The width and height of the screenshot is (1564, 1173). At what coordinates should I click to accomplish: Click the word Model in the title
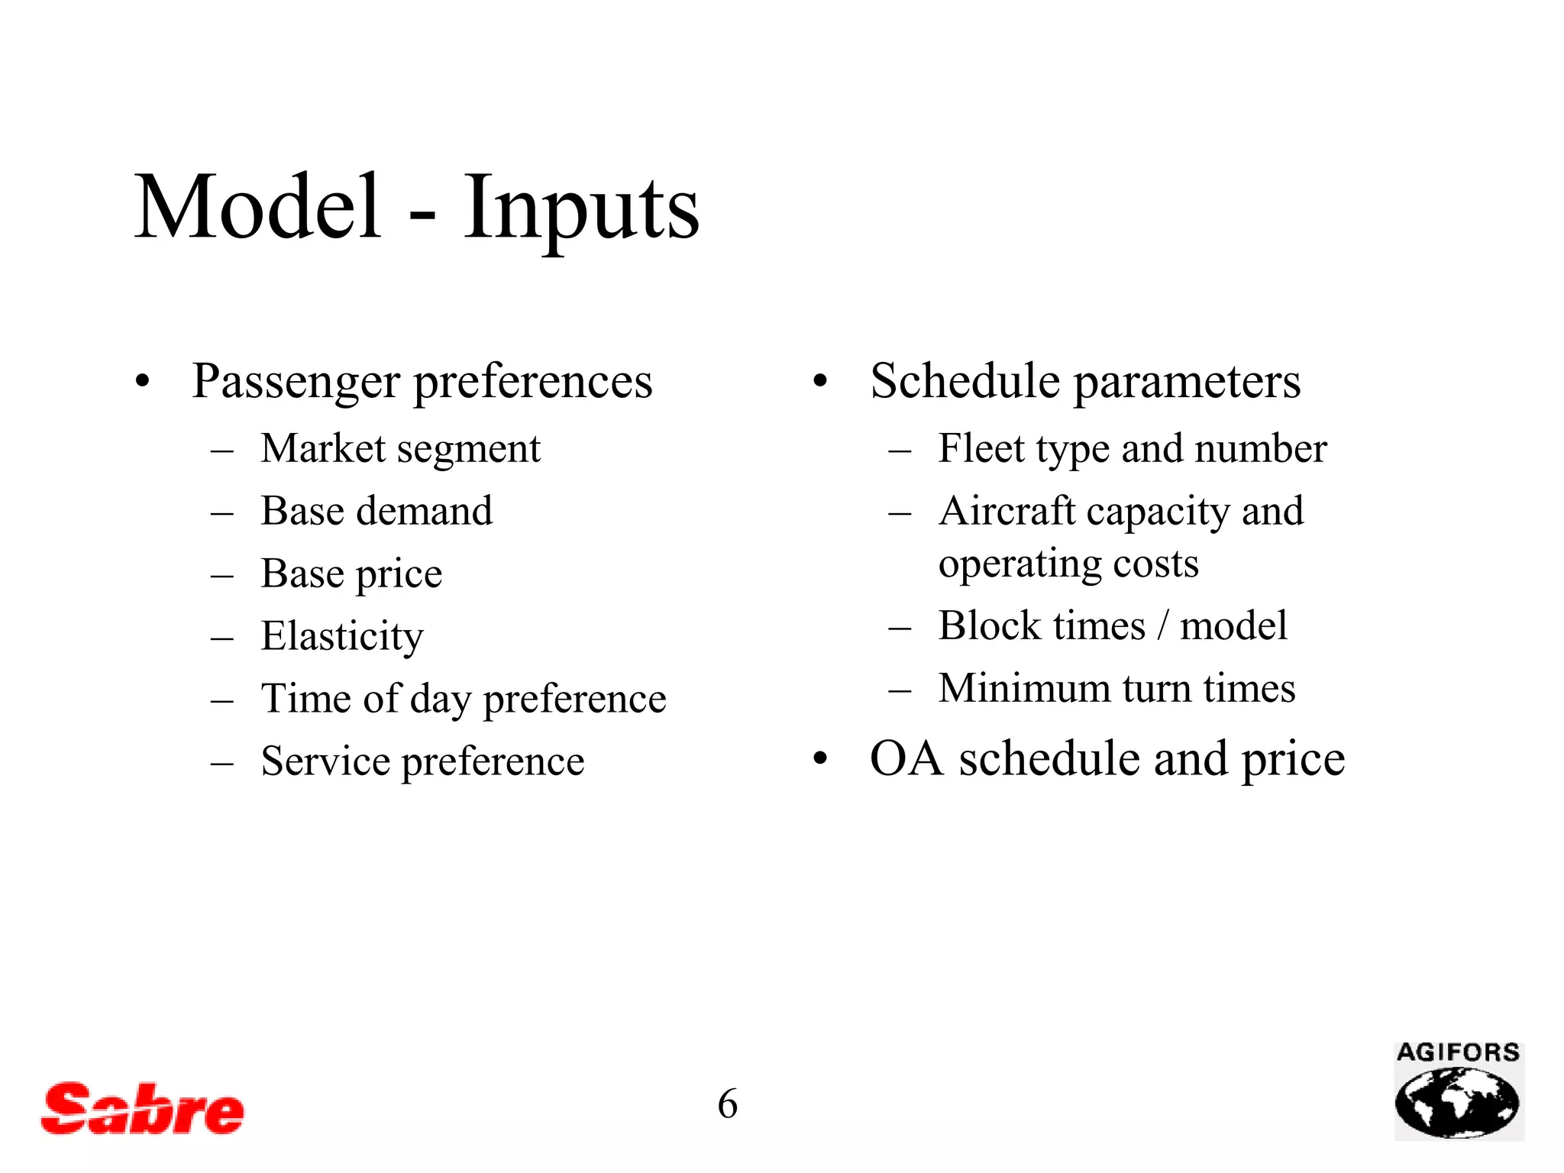click(257, 207)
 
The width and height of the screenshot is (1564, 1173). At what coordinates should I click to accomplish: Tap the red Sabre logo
click(142, 1109)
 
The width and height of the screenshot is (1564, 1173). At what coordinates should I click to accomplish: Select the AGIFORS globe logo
click(1458, 1092)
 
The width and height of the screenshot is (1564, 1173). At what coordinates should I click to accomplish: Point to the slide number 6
click(727, 1104)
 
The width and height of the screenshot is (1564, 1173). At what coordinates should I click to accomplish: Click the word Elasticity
click(341, 636)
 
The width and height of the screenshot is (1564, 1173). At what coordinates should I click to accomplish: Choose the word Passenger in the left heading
click(296, 381)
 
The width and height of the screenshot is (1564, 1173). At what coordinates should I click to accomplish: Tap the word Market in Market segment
click(323, 448)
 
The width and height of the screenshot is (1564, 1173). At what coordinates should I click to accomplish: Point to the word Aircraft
click(1007, 511)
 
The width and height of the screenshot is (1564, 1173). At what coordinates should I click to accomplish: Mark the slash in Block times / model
click(1162, 626)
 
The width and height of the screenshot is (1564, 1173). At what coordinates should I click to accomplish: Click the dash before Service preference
click(221, 762)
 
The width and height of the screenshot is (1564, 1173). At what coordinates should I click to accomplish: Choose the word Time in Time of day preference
click(304, 698)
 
